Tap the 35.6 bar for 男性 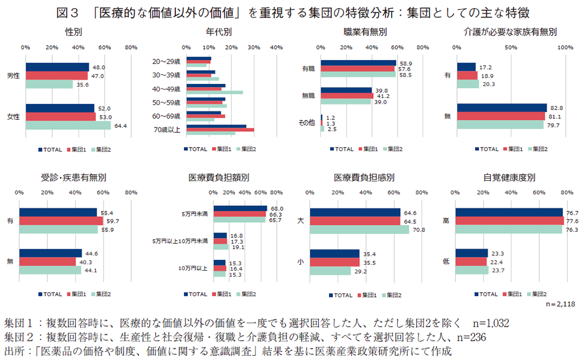pos(49,84)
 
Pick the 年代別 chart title pos(219,32)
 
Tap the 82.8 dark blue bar pos(502,108)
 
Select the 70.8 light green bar pos(359,230)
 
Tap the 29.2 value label pos(359,270)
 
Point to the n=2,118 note pos(560,303)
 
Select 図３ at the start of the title pos(66,11)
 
